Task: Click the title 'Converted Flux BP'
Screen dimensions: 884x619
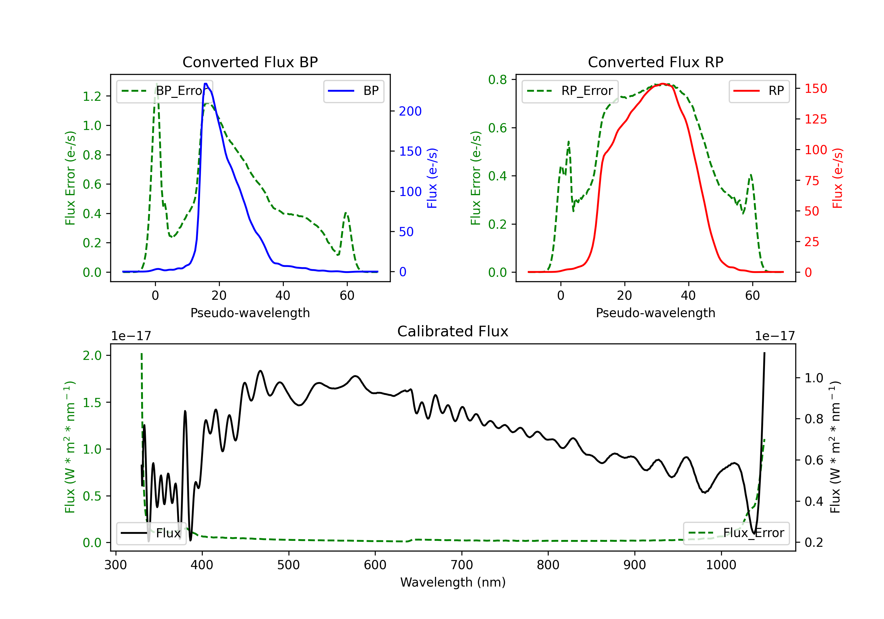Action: [250, 62]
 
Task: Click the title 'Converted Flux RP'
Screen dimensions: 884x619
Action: [655, 62]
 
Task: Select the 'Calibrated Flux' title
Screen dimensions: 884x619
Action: [453, 331]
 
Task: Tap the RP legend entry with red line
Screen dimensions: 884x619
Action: [759, 91]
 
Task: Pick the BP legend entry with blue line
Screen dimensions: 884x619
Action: [353, 91]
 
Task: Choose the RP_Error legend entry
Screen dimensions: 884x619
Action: [570, 91]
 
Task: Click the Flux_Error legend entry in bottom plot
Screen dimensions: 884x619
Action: [736, 533]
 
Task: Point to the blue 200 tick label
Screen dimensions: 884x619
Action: [410, 111]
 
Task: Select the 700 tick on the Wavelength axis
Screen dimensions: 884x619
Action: [462, 565]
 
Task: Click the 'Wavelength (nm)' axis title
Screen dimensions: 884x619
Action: [453, 582]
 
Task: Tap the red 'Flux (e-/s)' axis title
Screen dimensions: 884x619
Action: [837, 178]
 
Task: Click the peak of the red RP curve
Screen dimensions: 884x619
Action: [662, 84]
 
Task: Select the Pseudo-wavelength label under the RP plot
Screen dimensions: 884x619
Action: [655, 313]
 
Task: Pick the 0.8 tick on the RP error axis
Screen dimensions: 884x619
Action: [497, 80]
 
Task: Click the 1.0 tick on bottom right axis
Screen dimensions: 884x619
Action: [814, 378]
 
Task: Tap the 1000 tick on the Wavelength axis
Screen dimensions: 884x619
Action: [721, 565]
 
